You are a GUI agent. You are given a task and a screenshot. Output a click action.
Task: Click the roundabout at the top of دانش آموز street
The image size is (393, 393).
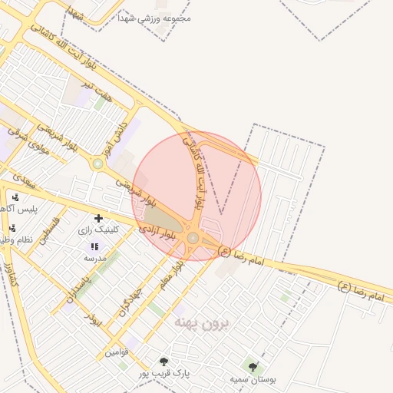[x=97, y=163]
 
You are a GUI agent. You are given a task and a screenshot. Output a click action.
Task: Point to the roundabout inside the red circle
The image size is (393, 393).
[x=192, y=239]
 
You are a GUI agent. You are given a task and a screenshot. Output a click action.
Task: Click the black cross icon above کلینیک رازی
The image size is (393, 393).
[x=98, y=219]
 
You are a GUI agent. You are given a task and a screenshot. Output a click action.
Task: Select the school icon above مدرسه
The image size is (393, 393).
[x=94, y=246]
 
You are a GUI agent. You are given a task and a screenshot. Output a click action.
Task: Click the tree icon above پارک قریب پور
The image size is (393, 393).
[x=163, y=362]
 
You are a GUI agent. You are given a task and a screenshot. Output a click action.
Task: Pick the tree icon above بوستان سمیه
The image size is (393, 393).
[x=253, y=367]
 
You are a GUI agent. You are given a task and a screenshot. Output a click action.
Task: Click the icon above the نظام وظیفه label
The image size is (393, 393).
[x=12, y=228]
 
